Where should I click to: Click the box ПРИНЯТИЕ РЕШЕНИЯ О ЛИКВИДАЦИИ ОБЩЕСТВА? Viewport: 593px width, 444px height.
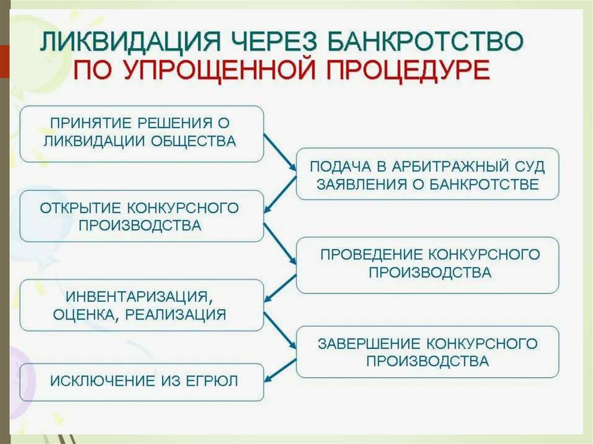coord(142,133)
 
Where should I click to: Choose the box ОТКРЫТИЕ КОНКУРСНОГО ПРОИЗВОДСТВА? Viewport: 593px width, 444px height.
coord(142,216)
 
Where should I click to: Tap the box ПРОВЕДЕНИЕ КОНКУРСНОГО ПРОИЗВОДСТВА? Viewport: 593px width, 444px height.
coord(427,263)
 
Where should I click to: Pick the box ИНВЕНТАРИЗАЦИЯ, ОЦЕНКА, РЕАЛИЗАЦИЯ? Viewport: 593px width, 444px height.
coord(142,305)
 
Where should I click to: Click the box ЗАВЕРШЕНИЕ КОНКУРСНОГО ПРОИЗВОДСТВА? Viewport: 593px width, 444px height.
coord(427,352)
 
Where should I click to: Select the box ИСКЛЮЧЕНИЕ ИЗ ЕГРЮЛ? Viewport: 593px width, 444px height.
coord(142,381)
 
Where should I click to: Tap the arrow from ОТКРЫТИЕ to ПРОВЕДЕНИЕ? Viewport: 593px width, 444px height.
coord(280,241)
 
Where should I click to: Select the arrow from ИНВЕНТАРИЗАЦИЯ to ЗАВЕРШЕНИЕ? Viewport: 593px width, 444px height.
coord(280,331)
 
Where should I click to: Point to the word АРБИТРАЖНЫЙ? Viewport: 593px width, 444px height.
coord(441,167)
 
